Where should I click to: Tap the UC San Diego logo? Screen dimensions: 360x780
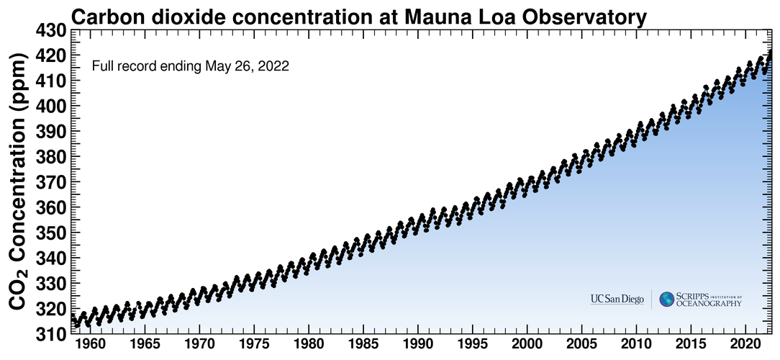(x=617, y=299)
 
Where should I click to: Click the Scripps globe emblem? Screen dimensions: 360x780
(x=667, y=299)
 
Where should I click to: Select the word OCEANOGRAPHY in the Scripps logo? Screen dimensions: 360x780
(x=709, y=304)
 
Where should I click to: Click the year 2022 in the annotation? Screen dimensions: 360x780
(x=275, y=67)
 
